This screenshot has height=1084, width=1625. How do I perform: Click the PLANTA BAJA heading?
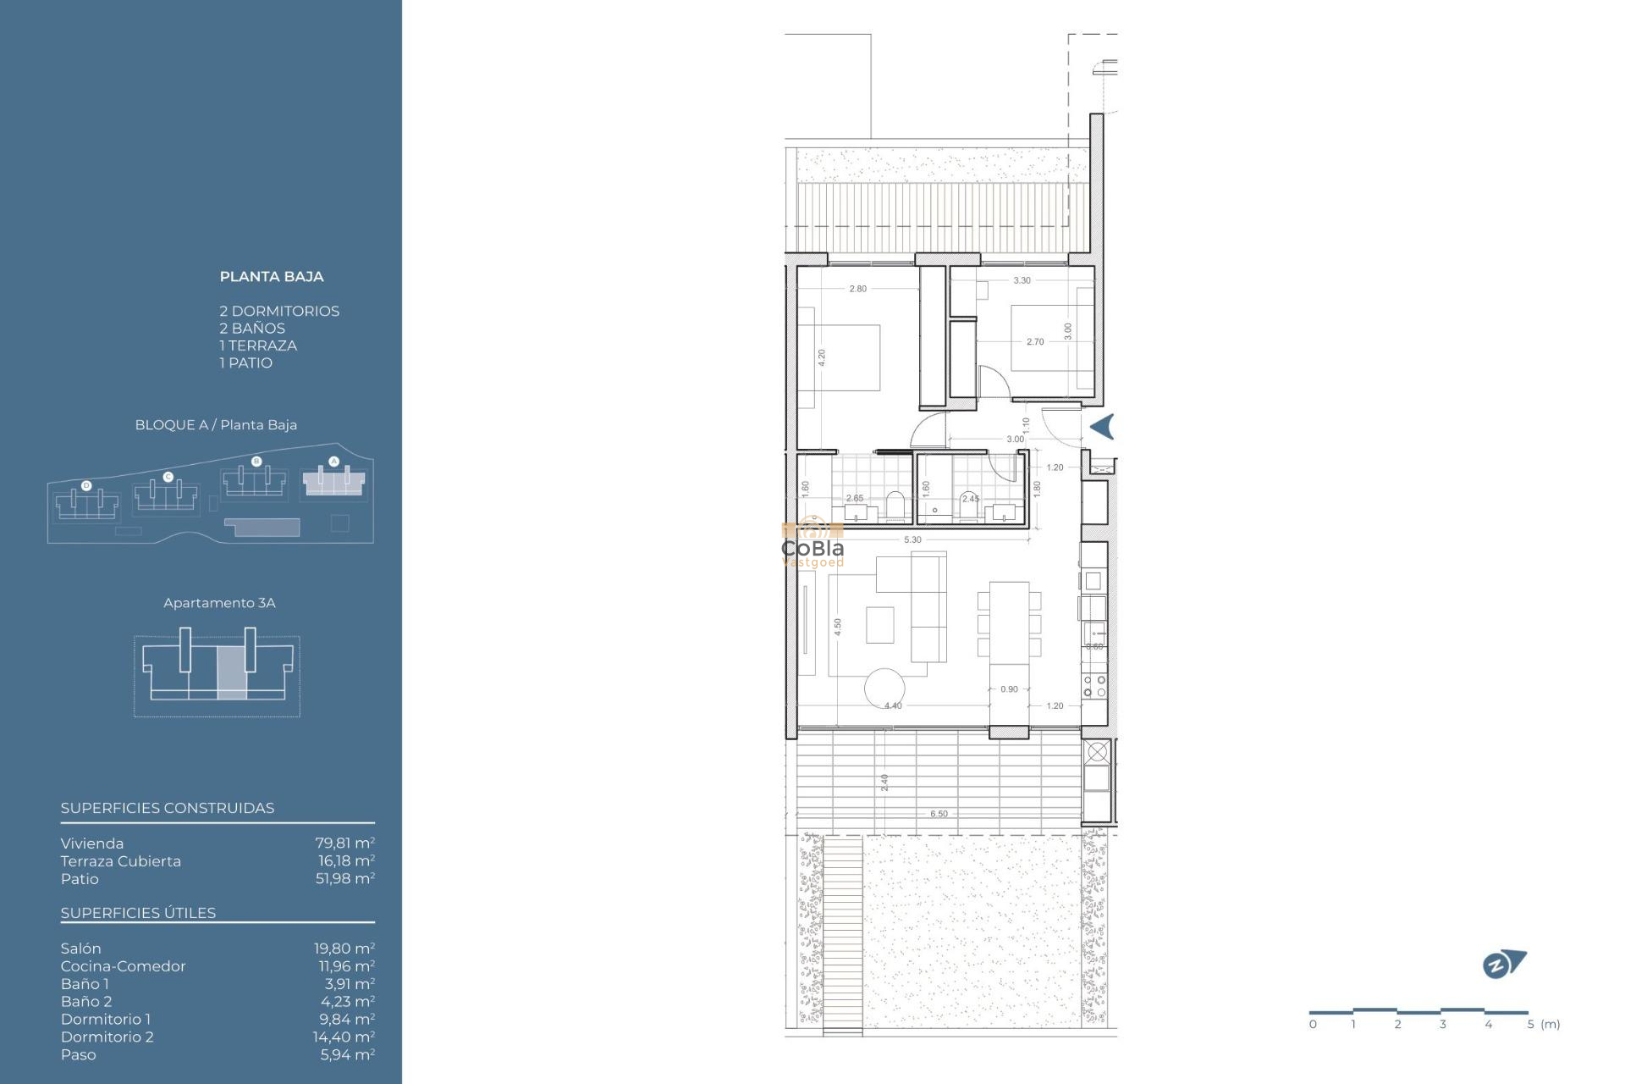[x=271, y=277]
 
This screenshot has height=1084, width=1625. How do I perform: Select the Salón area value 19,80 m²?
[x=344, y=948]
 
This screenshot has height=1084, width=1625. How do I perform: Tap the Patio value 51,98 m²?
[x=344, y=879]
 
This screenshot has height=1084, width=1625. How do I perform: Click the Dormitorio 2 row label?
[x=107, y=1037]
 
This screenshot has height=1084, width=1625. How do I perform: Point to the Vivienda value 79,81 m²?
[x=344, y=843]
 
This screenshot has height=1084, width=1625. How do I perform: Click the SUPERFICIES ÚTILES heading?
[x=138, y=913]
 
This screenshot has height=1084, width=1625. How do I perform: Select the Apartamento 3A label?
[x=219, y=603]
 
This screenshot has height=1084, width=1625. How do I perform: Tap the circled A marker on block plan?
[x=333, y=462]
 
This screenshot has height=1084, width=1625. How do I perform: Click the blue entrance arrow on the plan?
[x=1102, y=427]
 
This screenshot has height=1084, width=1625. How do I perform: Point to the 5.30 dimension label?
[x=912, y=540]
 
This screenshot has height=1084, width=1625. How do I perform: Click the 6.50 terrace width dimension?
[x=939, y=814]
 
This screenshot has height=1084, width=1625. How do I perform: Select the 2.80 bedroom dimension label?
[x=857, y=289]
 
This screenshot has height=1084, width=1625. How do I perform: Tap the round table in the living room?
[x=884, y=689]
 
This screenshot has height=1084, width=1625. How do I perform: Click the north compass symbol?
[x=1503, y=965]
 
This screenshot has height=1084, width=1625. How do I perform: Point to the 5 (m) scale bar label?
[x=1543, y=1025]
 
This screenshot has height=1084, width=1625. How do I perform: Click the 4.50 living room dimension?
[x=838, y=627]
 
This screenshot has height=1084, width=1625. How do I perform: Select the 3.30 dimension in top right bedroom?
[x=1022, y=280]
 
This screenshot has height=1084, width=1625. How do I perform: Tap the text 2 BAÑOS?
[x=252, y=329]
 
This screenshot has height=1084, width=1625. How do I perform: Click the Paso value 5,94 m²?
[x=347, y=1055]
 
